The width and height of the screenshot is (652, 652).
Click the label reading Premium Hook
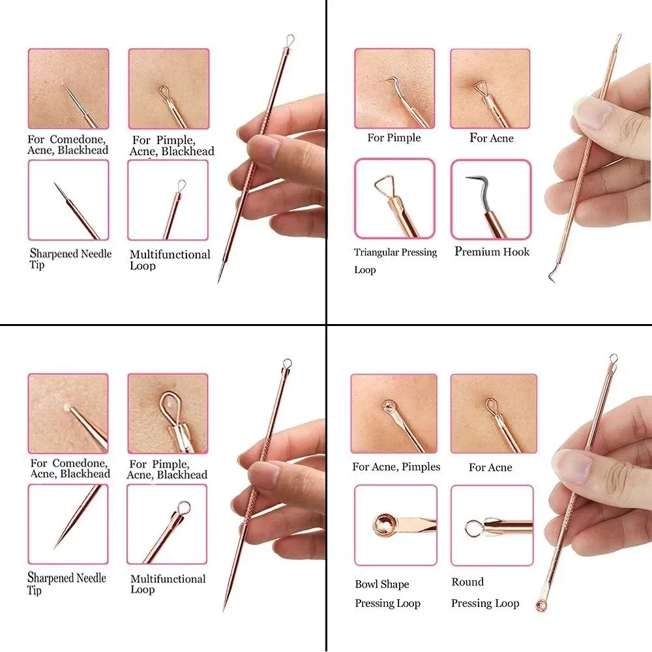[492, 252]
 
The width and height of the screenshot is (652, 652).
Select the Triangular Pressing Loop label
[395, 260]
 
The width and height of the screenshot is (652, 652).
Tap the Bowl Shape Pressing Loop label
[387, 593]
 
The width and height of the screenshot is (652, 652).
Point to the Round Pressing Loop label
[484, 592]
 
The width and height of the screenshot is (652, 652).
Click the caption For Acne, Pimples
[396, 467]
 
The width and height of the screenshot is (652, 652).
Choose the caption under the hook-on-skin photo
[394, 138]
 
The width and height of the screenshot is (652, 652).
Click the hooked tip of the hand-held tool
[553, 274]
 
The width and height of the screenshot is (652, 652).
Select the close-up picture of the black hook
[490, 199]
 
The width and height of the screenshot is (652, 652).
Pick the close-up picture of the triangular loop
[394, 199]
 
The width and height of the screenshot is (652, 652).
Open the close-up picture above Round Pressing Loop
[492, 525]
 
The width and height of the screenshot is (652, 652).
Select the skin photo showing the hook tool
[394, 88]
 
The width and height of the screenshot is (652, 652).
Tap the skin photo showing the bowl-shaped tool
[394, 413]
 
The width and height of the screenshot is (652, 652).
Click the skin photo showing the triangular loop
[490, 88]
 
